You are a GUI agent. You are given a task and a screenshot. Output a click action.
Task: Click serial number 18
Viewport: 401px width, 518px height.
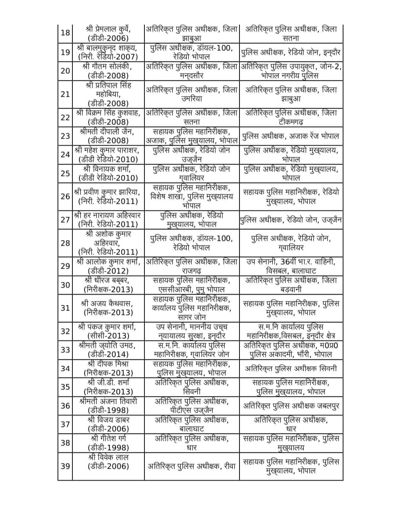click(x=65, y=33)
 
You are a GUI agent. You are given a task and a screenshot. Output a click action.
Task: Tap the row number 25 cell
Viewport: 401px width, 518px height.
click(x=65, y=173)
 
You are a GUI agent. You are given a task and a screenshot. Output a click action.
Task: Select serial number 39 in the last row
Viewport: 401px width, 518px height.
click(x=65, y=466)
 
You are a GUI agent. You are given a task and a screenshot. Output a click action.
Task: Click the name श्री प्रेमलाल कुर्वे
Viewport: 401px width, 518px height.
click(x=108, y=29)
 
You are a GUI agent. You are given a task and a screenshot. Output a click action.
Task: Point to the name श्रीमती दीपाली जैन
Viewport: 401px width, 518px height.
click(x=107, y=132)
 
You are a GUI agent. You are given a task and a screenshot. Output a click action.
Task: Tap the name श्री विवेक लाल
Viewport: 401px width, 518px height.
click(x=108, y=457)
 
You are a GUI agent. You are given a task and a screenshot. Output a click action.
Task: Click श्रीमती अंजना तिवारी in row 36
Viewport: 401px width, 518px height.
click(x=108, y=401)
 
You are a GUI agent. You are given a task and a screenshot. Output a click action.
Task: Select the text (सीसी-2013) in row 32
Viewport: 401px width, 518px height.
click(x=108, y=336)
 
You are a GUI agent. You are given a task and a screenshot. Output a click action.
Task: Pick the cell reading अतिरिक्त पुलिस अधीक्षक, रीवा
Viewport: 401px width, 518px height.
click(x=192, y=466)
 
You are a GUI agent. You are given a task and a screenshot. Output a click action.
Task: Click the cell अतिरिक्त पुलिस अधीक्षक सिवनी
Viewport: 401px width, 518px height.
click(x=291, y=369)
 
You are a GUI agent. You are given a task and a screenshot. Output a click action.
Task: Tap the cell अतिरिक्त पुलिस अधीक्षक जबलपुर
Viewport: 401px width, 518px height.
click(x=291, y=406)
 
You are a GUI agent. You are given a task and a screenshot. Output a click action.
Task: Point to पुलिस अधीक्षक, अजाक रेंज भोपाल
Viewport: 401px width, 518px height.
click(x=291, y=136)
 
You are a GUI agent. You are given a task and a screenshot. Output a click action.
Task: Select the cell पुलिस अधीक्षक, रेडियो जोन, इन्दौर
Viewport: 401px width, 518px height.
click(x=291, y=52)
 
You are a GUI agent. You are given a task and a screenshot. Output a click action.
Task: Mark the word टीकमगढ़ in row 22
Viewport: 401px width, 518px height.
click(x=291, y=122)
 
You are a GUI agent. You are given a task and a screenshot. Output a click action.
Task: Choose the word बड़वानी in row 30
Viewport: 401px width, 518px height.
click(x=291, y=289)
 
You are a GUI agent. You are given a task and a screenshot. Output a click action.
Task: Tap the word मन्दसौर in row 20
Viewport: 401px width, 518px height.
click(x=192, y=76)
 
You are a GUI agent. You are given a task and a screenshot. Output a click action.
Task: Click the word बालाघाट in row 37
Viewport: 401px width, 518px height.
click(x=192, y=429)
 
